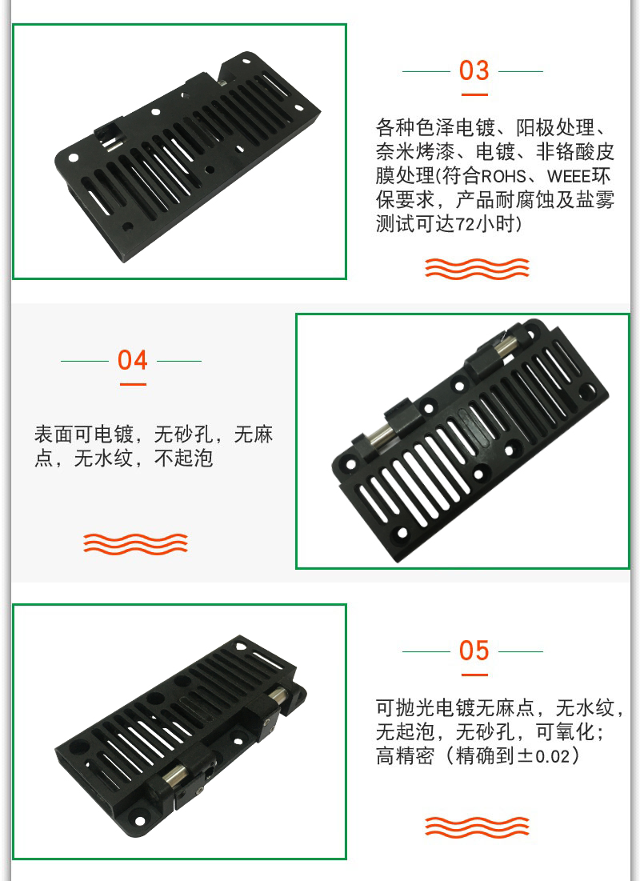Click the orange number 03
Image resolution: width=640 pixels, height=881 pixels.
coord(474,70)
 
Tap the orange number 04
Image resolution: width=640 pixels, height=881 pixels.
coord(133,360)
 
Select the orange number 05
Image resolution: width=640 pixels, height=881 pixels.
coord(474,651)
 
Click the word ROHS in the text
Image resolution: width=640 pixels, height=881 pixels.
coord(503,176)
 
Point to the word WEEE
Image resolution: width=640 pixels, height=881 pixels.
coord(570,176)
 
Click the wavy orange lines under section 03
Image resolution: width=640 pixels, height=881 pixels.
coord(477,269)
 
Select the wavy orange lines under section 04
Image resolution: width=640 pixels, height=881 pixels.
coord(135,544)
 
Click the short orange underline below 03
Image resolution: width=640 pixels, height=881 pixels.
coord(474,95)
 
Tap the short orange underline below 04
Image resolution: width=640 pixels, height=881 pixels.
coord(133,384)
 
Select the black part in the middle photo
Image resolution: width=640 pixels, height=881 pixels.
coord(470,440)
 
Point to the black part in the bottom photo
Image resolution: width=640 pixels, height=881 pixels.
coord(181,737)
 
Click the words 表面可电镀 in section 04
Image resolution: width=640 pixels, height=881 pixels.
coord(84,434)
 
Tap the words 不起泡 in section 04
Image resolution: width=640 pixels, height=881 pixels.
coord(184,459)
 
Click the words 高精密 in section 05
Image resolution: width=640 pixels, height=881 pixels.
coord(405,755)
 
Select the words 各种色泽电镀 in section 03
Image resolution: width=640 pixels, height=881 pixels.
coord(435,128)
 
